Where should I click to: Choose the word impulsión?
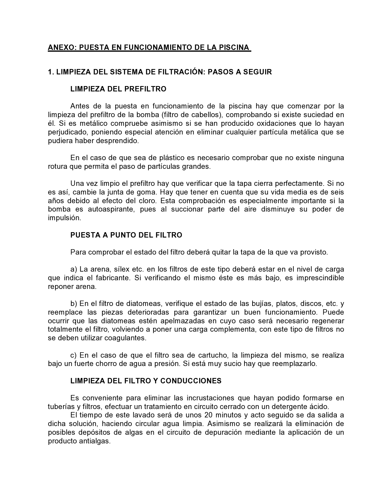pyautogui.click(x=64, y=218)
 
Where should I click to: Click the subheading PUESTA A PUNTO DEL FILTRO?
pyautogui.click(x=126, y=235)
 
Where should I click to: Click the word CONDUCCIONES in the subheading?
pyautogui.click(x=191, y=381)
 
